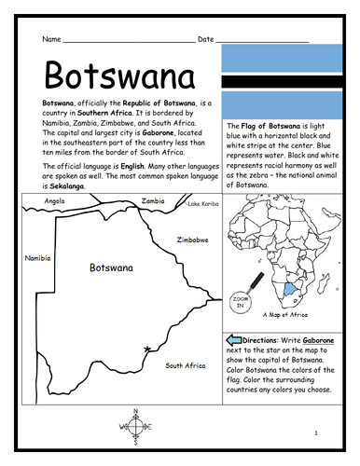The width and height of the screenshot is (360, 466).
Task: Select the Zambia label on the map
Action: (x=153, y=200)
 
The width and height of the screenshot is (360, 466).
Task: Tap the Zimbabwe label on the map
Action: (x=192, y=240)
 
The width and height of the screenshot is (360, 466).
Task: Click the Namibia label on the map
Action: (x=38, y=258)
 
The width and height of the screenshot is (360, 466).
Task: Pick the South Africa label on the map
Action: (x=185, y=365)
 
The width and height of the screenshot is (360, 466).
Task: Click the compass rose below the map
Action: (x=137, y=428)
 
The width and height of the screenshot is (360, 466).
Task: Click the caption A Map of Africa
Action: (x=287, y=314)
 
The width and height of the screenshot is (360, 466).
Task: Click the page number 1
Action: (x=316, y=433)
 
